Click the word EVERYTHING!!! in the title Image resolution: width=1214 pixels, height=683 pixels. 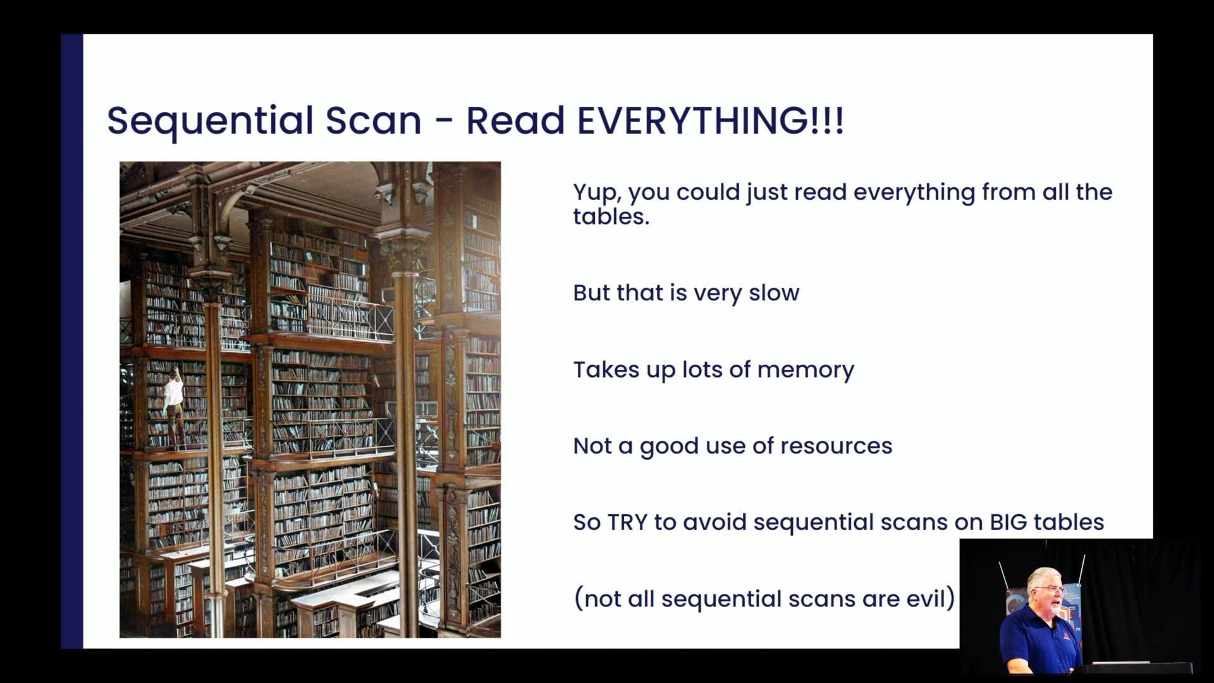pyautogui.click(x=711, y=120)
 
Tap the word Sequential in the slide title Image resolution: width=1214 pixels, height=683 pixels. pyautogui.click(x=211, y=121)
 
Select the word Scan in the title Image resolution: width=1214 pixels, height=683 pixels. pyautogui.click(x=373, y=120)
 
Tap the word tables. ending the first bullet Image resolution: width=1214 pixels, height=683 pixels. pyautogui.click(x=611, y=217)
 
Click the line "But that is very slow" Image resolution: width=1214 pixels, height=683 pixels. pyautogui.click(x=686, y=293)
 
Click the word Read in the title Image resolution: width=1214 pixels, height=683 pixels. pyautogui.click(x=515, y=120)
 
